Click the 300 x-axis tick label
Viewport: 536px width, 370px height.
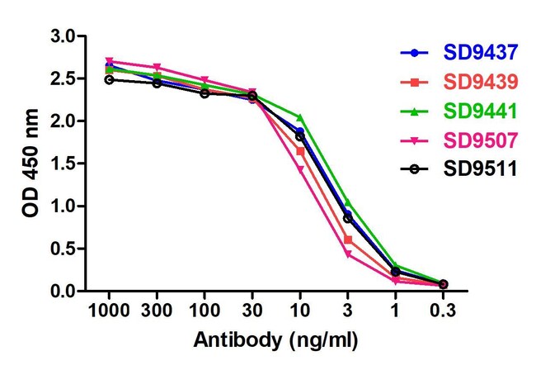(x=157, y=311)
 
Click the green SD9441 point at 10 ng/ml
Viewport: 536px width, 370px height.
(x=300, y=117)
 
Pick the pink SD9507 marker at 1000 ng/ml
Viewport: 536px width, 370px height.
(x=109, y=61)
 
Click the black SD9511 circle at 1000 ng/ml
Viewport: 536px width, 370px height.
(x=109, y=79)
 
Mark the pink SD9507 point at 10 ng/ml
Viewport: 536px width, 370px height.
(x=300, y=169)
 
